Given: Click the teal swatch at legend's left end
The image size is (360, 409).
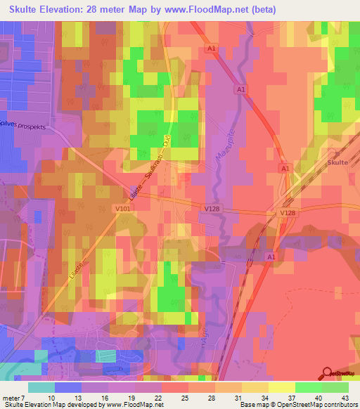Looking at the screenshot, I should (41, 387).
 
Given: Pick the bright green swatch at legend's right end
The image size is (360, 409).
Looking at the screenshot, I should (335, 387).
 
